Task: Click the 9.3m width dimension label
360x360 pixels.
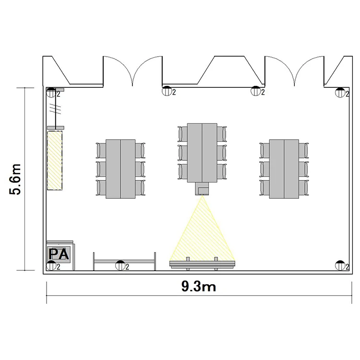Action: tap(199, 287)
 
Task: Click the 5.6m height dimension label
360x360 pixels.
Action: tap(15, 179)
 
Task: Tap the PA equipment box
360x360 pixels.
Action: tap(59, 254)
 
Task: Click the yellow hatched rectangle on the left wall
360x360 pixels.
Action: tap(55, 160)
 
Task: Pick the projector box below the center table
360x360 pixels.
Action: tap(202, 189)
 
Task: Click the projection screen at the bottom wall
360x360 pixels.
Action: tap(202, 264)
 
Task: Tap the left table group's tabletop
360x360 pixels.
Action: tap(120, 169)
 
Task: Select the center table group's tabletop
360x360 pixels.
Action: tap(202, 153)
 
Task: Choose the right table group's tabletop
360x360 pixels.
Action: tap(284, 169)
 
